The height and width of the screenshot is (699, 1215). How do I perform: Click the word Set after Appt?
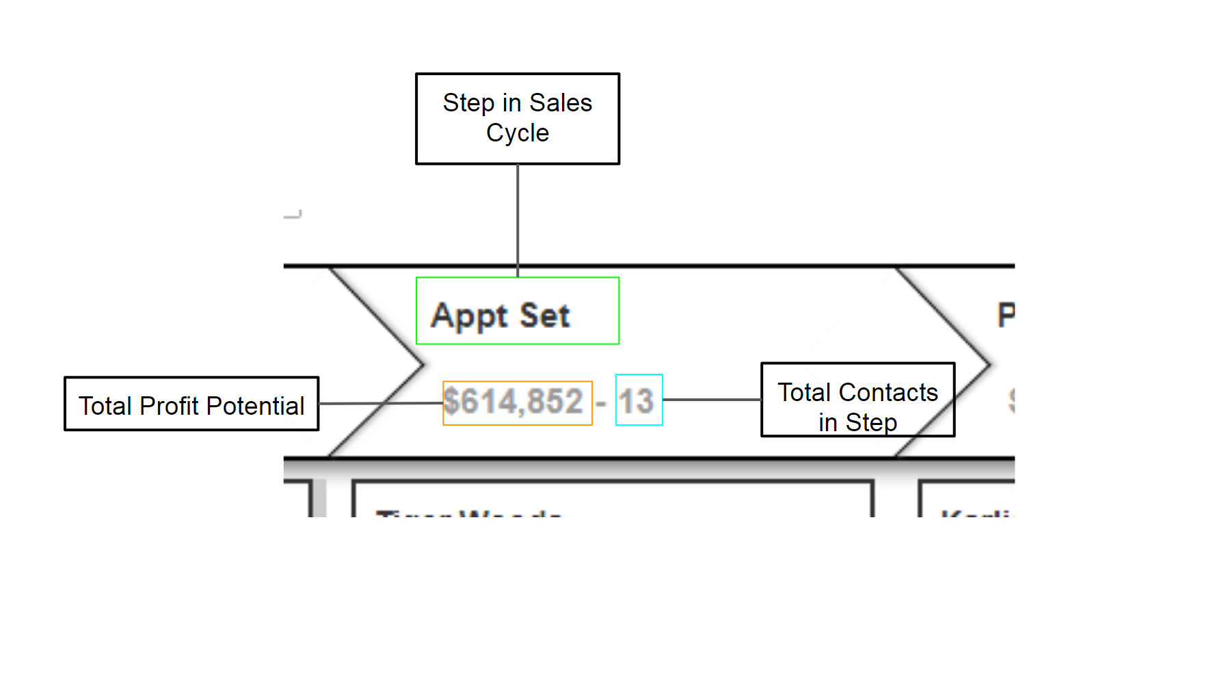(544, 316)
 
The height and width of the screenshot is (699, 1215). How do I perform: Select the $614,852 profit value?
(513, 402)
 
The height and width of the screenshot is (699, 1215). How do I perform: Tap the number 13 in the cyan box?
(637, 401)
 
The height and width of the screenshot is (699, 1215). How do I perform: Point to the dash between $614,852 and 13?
(601, 403)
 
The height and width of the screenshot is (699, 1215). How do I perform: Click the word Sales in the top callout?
(561, 103)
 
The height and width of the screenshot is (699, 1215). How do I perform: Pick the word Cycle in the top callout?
(518, 133)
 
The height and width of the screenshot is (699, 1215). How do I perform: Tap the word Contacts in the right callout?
(888, 393)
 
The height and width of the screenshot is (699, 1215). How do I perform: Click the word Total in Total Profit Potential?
(105, 406)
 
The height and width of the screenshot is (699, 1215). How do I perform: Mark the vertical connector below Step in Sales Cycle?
(518, 219)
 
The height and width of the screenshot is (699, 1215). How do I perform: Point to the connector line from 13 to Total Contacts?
(711, 400)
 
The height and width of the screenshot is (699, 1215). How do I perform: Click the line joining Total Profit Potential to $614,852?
(379, 403)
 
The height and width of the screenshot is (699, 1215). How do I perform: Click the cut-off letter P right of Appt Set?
(1006, 315)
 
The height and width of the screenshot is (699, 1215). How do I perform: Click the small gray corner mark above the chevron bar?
(294, 215)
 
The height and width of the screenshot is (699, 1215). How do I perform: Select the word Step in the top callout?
(468, 103)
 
